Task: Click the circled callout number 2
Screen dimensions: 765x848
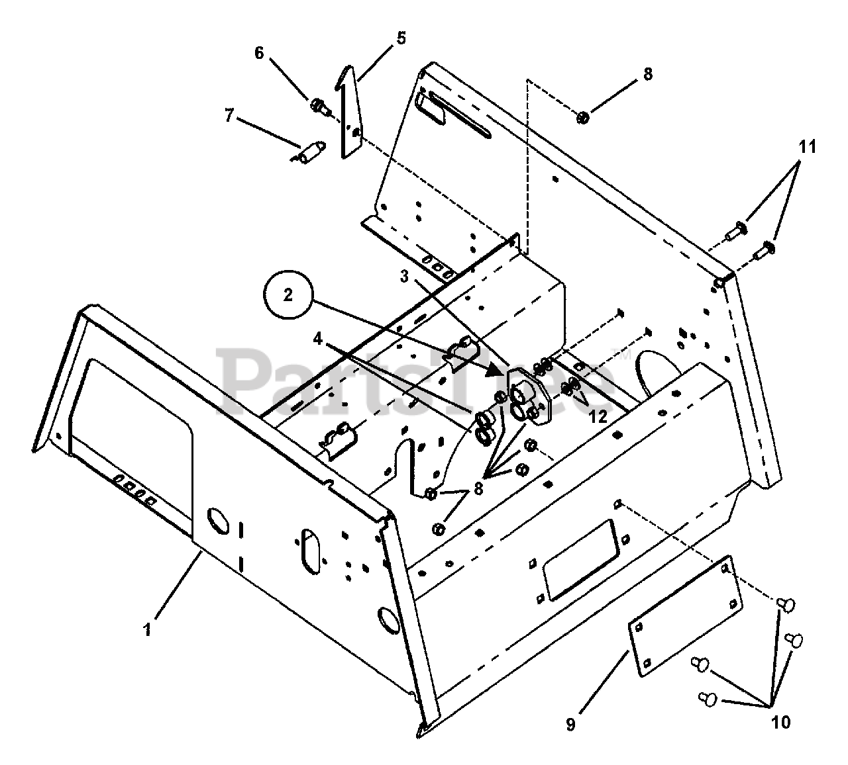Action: tap(288, 295)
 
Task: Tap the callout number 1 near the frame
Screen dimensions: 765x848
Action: tap(147, 629)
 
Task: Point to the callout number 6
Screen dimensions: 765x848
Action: tap(259, 53)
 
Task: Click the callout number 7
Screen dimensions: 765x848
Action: tap(229, 116)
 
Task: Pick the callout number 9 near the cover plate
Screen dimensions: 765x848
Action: tap(570, 725)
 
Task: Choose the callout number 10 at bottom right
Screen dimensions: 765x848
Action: tap(781, 722)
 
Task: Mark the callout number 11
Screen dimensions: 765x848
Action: tap(807, 146)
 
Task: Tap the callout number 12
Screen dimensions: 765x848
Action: tap(598, 416)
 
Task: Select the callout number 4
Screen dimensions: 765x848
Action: tap(318, 339)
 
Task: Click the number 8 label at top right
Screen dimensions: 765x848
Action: tap(647, 74)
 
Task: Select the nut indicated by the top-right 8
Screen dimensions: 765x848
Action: tap(583, 118)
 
